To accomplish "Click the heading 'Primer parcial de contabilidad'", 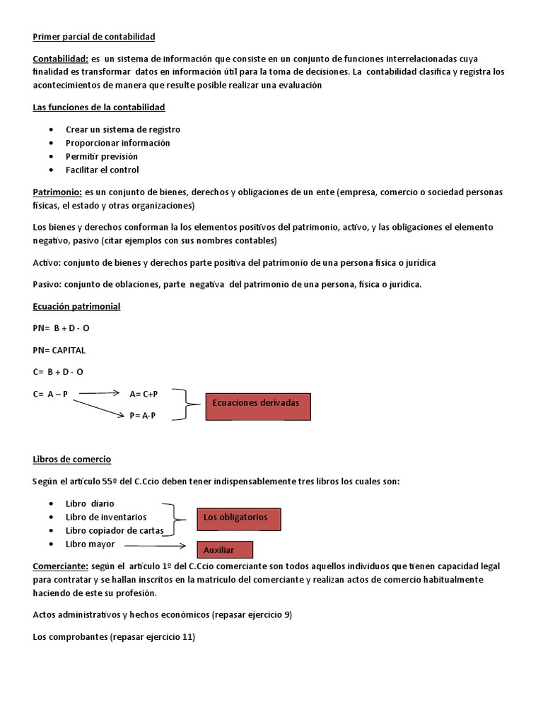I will [93, 36].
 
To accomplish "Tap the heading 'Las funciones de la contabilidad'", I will [99, 107].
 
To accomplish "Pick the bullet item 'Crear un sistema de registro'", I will [122, 129].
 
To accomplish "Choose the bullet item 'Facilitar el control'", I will [102, 170].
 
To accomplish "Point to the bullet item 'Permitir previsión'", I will [101, 156].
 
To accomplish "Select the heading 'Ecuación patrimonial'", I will [76, 307].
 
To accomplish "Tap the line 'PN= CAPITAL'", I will [59, 350].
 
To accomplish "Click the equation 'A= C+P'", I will [144, 394].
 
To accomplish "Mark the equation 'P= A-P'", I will [142, 416].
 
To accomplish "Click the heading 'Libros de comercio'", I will [72, 460].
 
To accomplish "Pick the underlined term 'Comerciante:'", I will [60, 566].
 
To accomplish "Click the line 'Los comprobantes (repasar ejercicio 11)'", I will [114, 637].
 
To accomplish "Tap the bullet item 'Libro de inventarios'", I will [106, 517].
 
